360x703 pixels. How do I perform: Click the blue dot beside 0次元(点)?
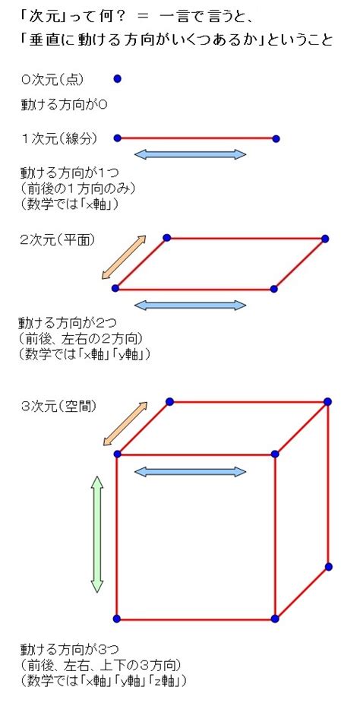coord(118,79)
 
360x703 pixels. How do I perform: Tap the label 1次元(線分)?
coord(59,138)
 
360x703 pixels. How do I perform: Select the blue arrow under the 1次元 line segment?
coord(190,155)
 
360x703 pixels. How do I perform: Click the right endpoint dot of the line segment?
coord(276,138)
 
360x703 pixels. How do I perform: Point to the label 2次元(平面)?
coord(58,240)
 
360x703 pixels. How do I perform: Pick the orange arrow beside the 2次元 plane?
coord(124,258)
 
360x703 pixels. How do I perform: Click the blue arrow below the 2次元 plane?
coord(190,306)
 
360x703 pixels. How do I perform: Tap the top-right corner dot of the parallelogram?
coord(325,239)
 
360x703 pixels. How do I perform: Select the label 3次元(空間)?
coord(59,406)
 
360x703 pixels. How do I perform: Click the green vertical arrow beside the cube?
coord(97,534)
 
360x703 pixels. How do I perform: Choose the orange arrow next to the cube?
coord(125,423)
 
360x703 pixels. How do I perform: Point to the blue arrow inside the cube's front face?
coord(190,472)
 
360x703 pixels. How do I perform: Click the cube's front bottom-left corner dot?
coord(117,619)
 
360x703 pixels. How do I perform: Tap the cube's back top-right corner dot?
coord(327,402)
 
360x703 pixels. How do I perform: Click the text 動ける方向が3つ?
coord(69,649)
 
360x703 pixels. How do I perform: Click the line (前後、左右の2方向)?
coord(81,338)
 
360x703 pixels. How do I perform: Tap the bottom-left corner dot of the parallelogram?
coord(115,288)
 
